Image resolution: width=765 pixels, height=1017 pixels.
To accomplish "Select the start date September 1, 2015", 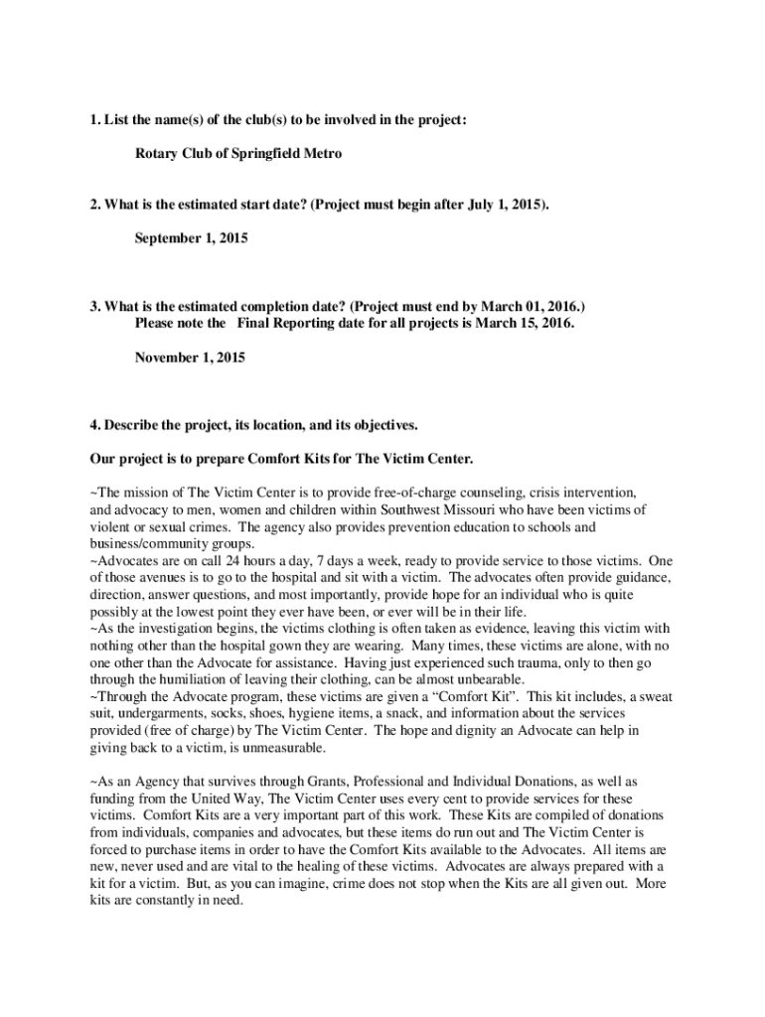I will pyautogui.click(x=191, y=238).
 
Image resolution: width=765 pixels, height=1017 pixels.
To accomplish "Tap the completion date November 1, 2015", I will pyautogui.click(x=190, y=357).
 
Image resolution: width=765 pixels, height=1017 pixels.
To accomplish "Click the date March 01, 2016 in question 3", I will pyautogui.click(x=541, y=307).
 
